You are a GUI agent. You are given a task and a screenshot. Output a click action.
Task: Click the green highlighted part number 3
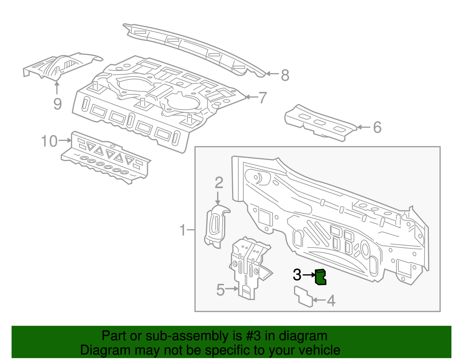320,277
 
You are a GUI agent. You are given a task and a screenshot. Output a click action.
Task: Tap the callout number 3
297,275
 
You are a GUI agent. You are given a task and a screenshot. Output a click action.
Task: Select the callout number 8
285,75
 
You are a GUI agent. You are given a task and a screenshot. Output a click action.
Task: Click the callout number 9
58,104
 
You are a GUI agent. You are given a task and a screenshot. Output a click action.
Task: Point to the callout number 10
49,141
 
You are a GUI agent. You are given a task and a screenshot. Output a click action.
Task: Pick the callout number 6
377,127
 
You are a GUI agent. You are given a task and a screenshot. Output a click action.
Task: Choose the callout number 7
262,98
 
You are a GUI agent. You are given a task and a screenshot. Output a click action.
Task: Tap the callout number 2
219,183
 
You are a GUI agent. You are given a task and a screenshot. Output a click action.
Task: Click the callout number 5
221,290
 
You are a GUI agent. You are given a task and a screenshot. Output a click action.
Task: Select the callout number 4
331,301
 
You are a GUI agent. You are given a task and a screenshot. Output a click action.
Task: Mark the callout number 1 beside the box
183,230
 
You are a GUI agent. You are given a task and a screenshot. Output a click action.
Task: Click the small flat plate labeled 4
303,296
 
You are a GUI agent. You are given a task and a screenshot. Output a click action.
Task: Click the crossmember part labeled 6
320,123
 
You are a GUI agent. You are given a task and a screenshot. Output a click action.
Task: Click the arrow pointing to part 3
309,275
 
